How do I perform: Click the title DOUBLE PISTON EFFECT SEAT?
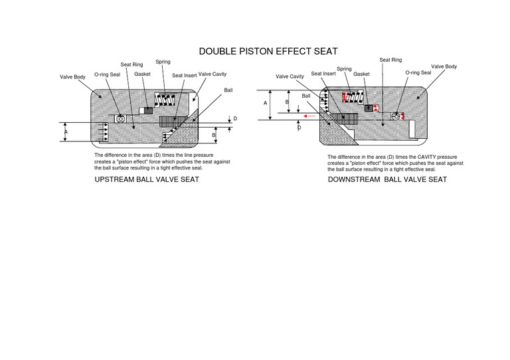(x=268, y=51)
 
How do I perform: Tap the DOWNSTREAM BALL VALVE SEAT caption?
(x=387, y=179)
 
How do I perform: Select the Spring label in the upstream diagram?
(x=161, y=61)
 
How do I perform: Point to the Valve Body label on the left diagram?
(x=72, y=78)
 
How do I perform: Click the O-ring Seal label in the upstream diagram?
(x=107, y=74)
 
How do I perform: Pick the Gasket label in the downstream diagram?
(x=361, y=74)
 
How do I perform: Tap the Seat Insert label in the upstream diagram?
(x=184, y=76)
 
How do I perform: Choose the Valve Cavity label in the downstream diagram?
(x=290, y=76)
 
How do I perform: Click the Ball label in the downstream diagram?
(x=306, y=96)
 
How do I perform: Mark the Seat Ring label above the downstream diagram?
(x=390, y=60)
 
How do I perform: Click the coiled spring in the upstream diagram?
(x=163, y=100)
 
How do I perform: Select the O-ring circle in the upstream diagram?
(x=121, y=118)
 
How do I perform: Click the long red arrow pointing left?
(x=307, y=116)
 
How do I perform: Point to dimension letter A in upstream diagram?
(x=66, y=132)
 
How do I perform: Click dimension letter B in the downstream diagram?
(x=287, y=102)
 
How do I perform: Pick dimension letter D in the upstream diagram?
(x=235, y=118)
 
